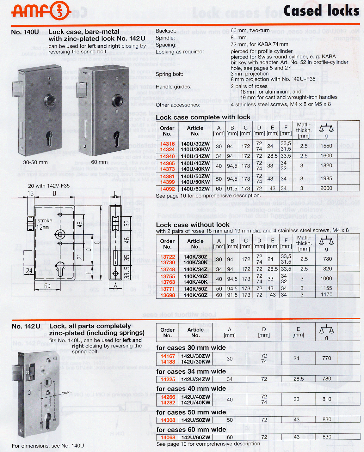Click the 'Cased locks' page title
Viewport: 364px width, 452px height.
pos(321,11)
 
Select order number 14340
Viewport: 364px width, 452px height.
pos(167,156)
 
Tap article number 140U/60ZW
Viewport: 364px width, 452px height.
pos(195,189)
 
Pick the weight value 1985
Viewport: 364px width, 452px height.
pos(326,178)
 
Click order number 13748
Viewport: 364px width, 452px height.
pos(167,269)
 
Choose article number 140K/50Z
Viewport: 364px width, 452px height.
pos(195,289)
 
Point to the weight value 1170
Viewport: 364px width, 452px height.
pos(326,295)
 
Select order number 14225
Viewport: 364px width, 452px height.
pos(168,379)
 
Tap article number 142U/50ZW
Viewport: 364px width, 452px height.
pos(195,420)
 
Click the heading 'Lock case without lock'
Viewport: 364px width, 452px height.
pos(193,225)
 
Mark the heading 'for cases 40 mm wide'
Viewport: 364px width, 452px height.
pos(191,389)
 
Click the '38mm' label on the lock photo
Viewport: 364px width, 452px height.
pos(67,393)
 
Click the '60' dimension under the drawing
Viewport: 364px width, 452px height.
pos(47,286)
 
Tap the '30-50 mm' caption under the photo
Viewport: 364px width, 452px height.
pos(35,162)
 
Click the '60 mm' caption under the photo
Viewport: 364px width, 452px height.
pos(99,162)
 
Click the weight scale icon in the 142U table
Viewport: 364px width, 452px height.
pos(326,330)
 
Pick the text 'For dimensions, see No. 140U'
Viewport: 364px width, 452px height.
pos(48,446)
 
